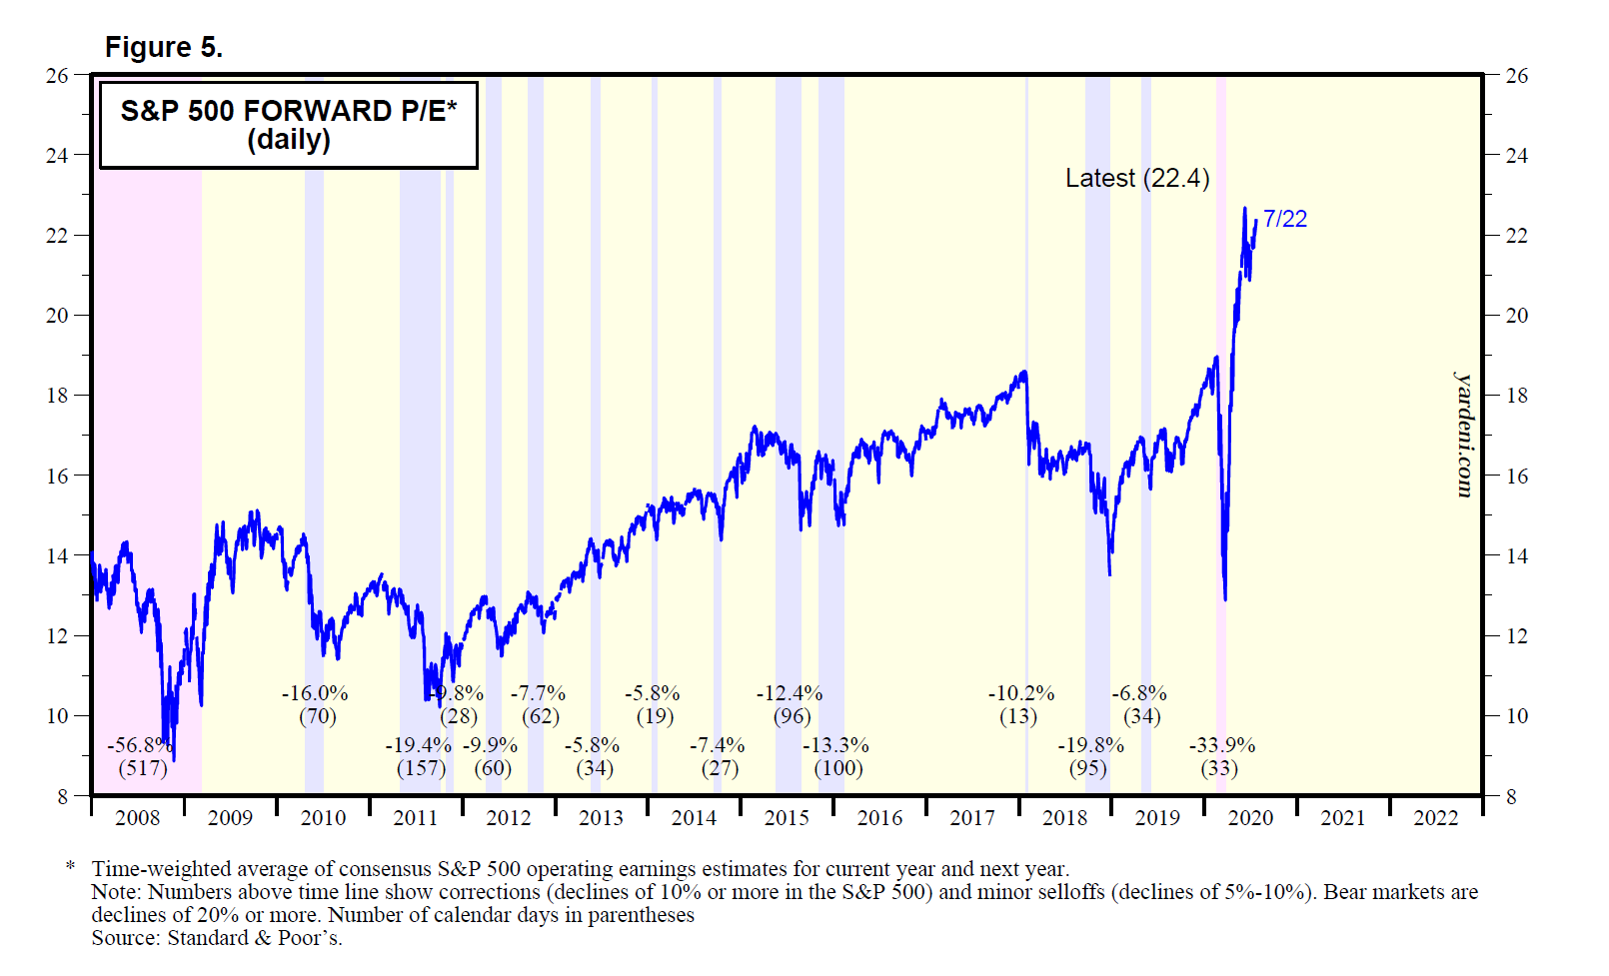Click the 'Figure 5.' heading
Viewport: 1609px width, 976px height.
[x=164, y=47]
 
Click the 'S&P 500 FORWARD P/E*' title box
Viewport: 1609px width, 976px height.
[x=288, y=124]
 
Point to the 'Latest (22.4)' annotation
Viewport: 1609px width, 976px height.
[x=1137, y=178]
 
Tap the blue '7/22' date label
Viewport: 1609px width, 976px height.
[x=1284, y=219]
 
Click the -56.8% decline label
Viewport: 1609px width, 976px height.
[x=140, y=745]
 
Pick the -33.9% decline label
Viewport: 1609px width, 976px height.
[x=1221, y=745]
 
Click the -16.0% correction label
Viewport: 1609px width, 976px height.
[x=314, y=693]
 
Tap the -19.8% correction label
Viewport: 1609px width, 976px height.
[x=1090, y=745]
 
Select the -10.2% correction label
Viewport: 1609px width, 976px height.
[x=1020, y=693]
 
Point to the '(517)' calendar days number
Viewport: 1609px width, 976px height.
[x=142, y=768]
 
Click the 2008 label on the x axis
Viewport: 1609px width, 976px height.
[x=137, y=818]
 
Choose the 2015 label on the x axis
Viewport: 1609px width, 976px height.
[x=787, y=818]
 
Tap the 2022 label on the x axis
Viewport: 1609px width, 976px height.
[x=1435, y=818]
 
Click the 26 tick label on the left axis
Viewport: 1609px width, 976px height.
[x=57, y=75]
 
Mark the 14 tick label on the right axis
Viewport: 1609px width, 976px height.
[x=1516, y=555]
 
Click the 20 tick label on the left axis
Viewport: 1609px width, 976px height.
[x=57, y=315]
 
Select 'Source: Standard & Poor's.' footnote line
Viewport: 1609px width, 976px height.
[x=216, y=938]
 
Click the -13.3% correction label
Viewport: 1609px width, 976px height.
[x=835, y=745]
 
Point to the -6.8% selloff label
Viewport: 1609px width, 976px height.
[x=1139, y=693]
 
